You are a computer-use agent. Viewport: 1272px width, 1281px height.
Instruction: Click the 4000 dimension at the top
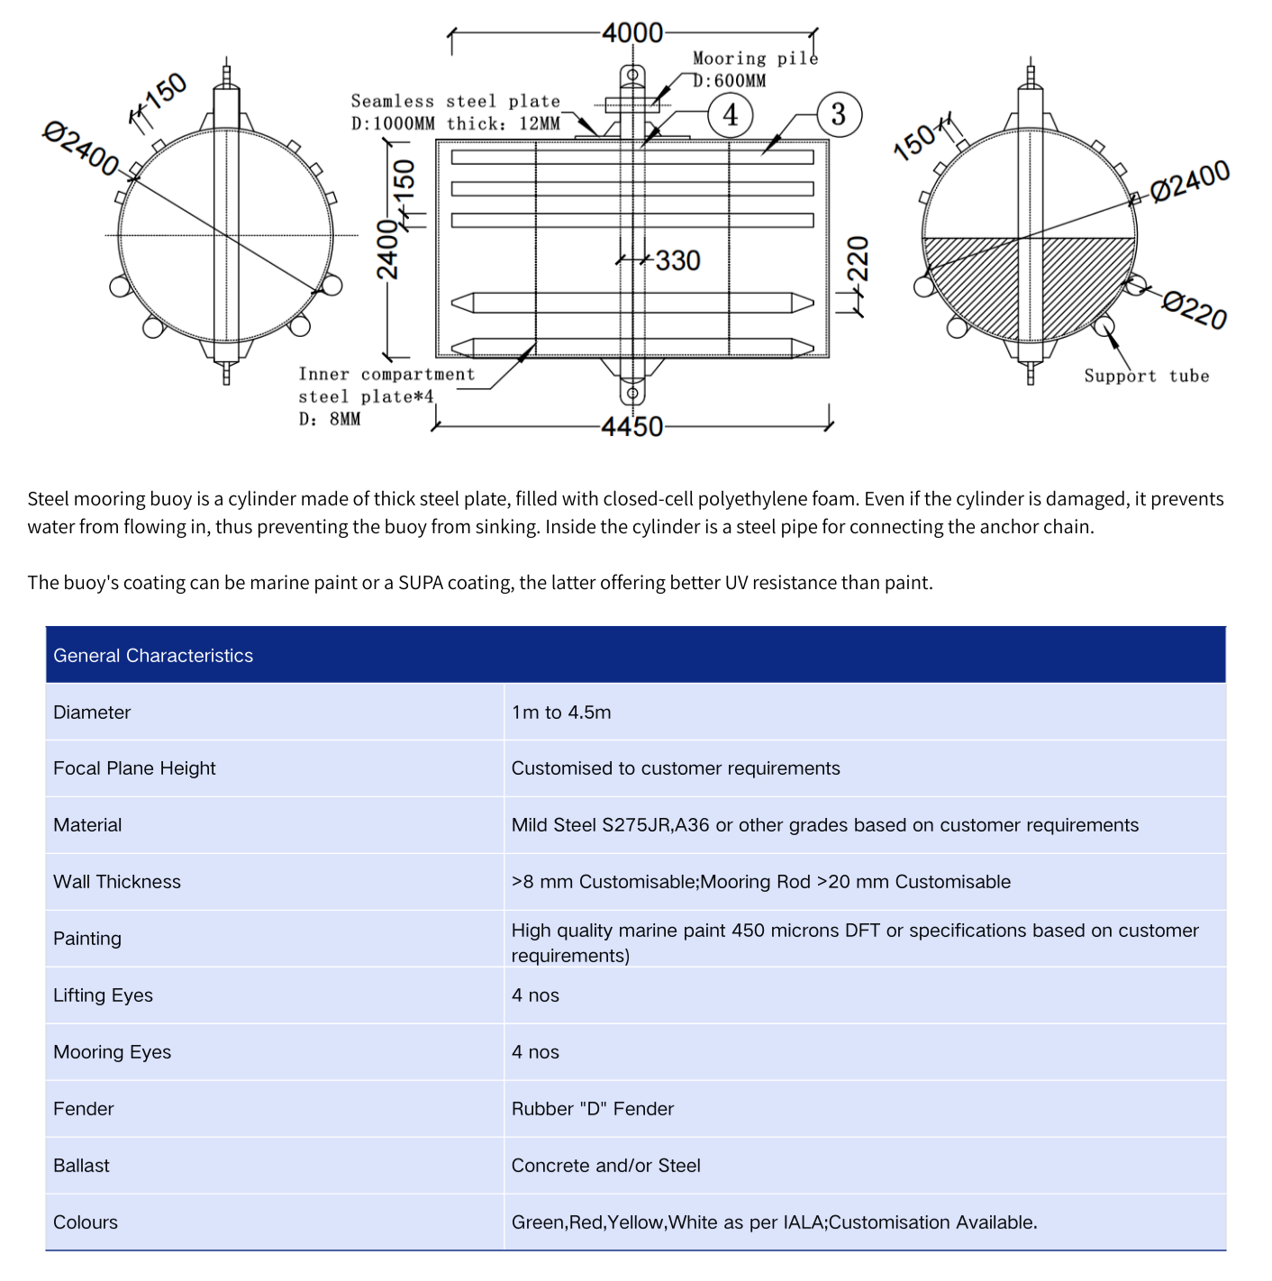click(x=632, y=33)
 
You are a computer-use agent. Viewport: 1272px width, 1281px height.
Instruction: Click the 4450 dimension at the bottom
click(x=631, y=426)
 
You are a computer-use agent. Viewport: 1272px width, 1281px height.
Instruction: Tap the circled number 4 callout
click(x=730, y=115)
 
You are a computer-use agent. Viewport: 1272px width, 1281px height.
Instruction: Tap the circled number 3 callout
click(x=839, y=114)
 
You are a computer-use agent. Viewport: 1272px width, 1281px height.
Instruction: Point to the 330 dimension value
click(x=677, y=260)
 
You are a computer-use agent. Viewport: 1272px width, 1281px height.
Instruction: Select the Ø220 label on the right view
click(x=1195, y=310)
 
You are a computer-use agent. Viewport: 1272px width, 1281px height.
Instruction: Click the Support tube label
click(x=1146, y=376)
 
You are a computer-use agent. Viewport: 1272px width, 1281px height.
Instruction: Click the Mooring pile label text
click(x=755, y=59)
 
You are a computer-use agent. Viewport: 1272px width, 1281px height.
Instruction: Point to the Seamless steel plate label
click(x=455, y=102)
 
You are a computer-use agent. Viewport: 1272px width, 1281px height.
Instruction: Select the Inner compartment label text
click(x=386, y=374)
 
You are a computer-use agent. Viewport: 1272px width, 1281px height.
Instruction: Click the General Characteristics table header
click(x=153, y=656)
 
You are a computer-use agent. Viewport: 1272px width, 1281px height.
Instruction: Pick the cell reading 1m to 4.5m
click(x=561, y=713)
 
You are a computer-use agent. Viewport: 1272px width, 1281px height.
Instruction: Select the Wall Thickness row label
click(x=117, y=882)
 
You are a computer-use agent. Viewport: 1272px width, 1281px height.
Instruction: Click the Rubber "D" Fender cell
click(x=593, y=1109)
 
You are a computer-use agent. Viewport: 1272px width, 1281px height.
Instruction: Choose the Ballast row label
click(x=81, y=1166)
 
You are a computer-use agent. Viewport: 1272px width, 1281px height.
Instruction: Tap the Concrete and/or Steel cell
click(x=606, y=1166)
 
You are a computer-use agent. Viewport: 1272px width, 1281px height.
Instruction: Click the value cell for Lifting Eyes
click(x=535, y=995)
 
